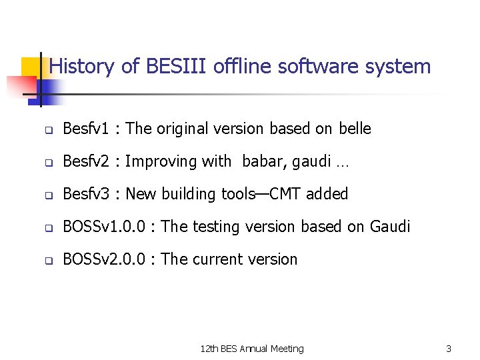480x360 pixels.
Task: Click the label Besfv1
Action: pos(85,129)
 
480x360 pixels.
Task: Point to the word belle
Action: pos(355,129)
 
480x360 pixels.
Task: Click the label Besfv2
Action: pos(85,161)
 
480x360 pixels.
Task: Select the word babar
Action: pos(263,161)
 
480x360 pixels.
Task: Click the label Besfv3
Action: pos(85,194)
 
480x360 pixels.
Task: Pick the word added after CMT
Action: pos(327,194)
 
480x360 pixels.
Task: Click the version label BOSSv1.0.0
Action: pos(103,227)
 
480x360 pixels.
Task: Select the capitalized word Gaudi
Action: pos(388,227)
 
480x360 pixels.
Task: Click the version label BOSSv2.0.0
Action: pos(103,259)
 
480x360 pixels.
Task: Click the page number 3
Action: pos(449,349)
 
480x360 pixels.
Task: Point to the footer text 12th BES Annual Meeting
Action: pos(252,349)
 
